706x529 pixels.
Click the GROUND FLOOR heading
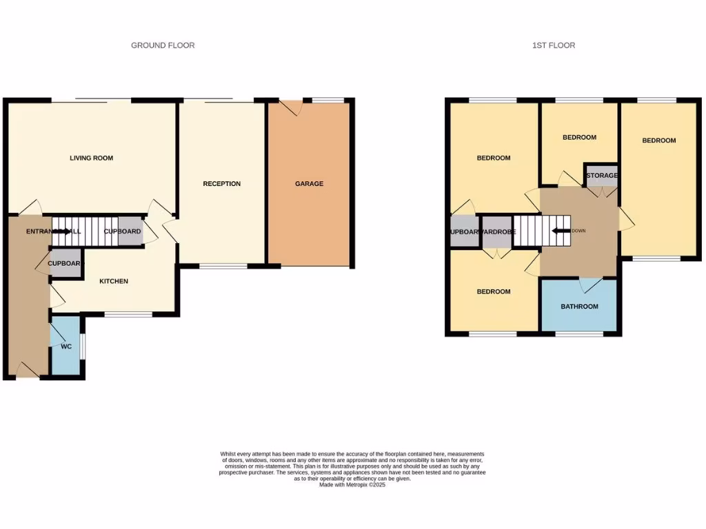tap(163, 45)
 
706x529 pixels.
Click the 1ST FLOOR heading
tap(553, 45)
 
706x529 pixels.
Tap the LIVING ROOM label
tap(91, 158)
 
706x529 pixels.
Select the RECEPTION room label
tap(221, 184)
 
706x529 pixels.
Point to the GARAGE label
tap(309, 184)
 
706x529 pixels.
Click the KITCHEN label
tap(114, 281)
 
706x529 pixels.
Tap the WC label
tap(66, 346)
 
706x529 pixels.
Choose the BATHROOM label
tap(579, 307)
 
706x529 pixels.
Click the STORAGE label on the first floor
tap(602, 176)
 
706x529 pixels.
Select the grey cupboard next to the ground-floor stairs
tap(123, 232)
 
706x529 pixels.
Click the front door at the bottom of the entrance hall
tap(27, 372)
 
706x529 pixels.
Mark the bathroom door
tap(590, 284)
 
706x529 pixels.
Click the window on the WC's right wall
tap(83, 346)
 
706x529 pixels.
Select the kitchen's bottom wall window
tap(128, 315)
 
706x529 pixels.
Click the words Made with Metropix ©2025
tap(352, 485)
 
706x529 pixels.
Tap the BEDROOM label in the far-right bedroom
tap(658, 141)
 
